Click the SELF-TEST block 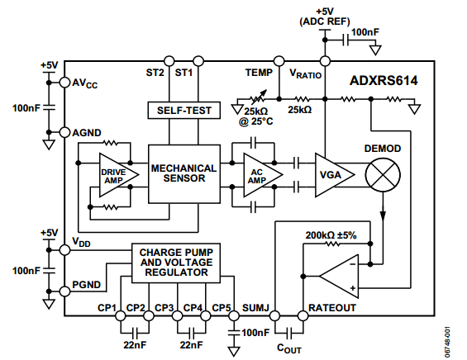pyautogui.click(x=184, y=111)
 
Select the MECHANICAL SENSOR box pyautogui.click(x=184, y=174)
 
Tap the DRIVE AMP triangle pyautogui.click(x=119, y=175)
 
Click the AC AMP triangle pyautogui.click(x=263, y=175)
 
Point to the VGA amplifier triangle pyautogui.click(x=335, y=175)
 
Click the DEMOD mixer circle pyautogui.click(x=383, y=175)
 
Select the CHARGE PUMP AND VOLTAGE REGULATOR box pyautogui.click(x=176, y=263)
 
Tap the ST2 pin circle pyautogui.click(x=169, y=61)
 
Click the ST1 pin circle pyautogui.click(x=198, y=61)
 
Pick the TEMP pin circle pyautogui.click(x=279, y=61)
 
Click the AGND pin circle pyautogui.click(x=64, y=132)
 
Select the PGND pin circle pyautogui.click(x=64, y=291)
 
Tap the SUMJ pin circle pyautogui.click(x=274, y=315)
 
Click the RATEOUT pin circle pyautogui.click(x=303, y=315)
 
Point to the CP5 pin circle pyautogui.click(x=234, y=315)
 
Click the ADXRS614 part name pyautogui.click(x=384, y=81)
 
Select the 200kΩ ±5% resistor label pyautogui.click(x=331, y=235)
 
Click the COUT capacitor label pyautogui.click(x=288, y=348)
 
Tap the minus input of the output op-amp pyautogui.click(x=353, y=264)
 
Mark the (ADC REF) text pyautogui.click(x=325, y=21)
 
